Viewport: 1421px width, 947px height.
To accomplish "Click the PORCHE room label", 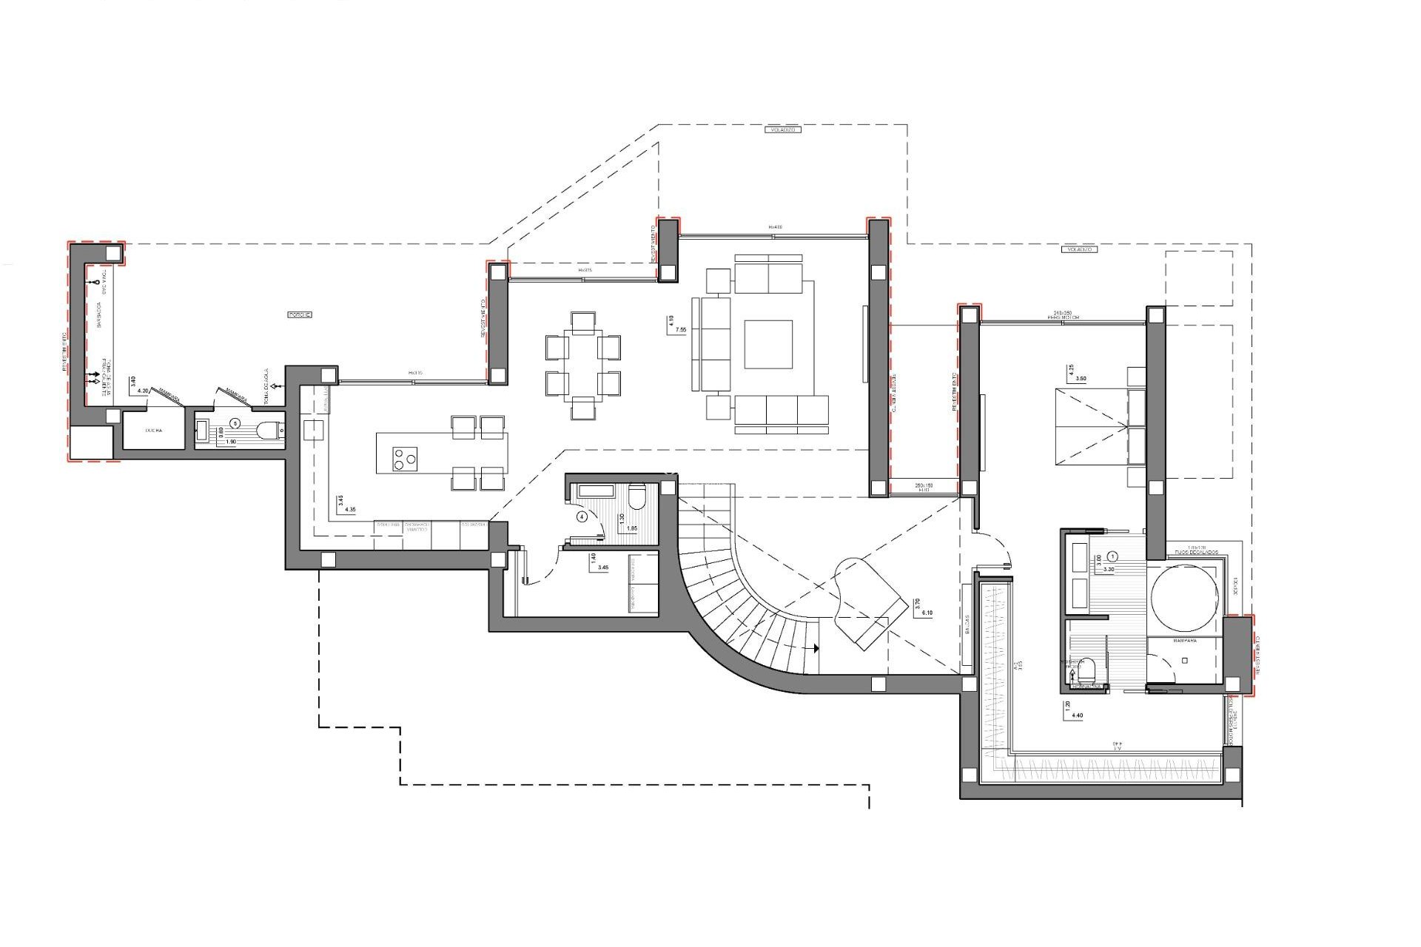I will click(300, 314).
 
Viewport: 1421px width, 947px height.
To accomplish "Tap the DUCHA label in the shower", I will click(153, 430).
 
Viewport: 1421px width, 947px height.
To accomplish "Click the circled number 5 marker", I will click(235, 423).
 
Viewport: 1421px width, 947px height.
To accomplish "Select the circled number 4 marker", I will click(582, 517).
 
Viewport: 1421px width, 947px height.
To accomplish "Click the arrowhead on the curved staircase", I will click(816, 648).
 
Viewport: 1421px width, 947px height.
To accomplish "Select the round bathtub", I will click(1183, 600).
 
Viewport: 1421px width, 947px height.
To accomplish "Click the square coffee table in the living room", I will click(768, 344).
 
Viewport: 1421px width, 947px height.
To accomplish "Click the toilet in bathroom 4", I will click(636, 495).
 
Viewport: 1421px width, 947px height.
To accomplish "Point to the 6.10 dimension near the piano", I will click(929, 613).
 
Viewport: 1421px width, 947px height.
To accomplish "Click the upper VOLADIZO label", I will click(782, 129).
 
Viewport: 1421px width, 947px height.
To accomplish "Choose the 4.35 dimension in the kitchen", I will click(350, 510).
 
